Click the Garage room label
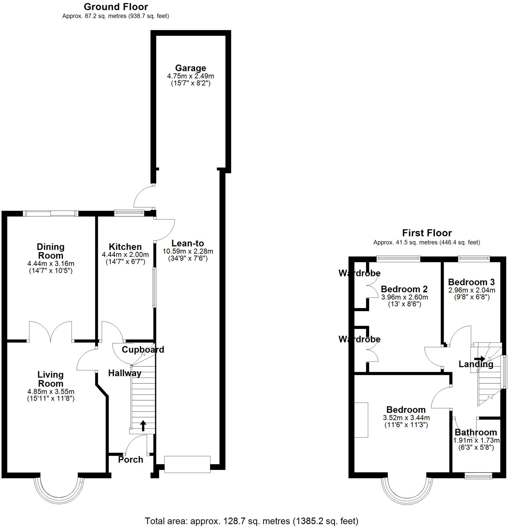pyautogui.click(x=190, y=68)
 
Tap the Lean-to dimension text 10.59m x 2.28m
pyautogui.click(x=187, y=251)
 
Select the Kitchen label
pyautogui.click(x=125, y=247)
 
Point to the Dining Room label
pyautogui.click(x=50, y=251)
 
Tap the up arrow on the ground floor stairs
pyautogui.click(x=143, y=426)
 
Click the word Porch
pyautogui.click(x=131, y=460)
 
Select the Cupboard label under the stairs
pyautogui.click(x=143, y=349)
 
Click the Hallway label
pyautogui.click(x=125, y=373)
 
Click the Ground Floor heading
pyautogui.click(x=116, y=7)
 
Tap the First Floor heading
pyautogui.click(x=427, y=233)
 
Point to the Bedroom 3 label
pyautogui.click(x=471, y=282)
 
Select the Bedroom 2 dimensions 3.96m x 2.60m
pyautogui.click(x=404, y=297)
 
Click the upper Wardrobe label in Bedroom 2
pyautogui.click(x=359, y=273)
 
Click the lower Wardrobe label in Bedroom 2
pyautogui.click(x=359, y=339)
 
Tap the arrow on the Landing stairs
pyautogui.click(x=479, y=358)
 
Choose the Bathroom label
pyautogui.click(x=476, y=432)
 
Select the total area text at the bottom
pyautogui.click(x=252, y=521)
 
